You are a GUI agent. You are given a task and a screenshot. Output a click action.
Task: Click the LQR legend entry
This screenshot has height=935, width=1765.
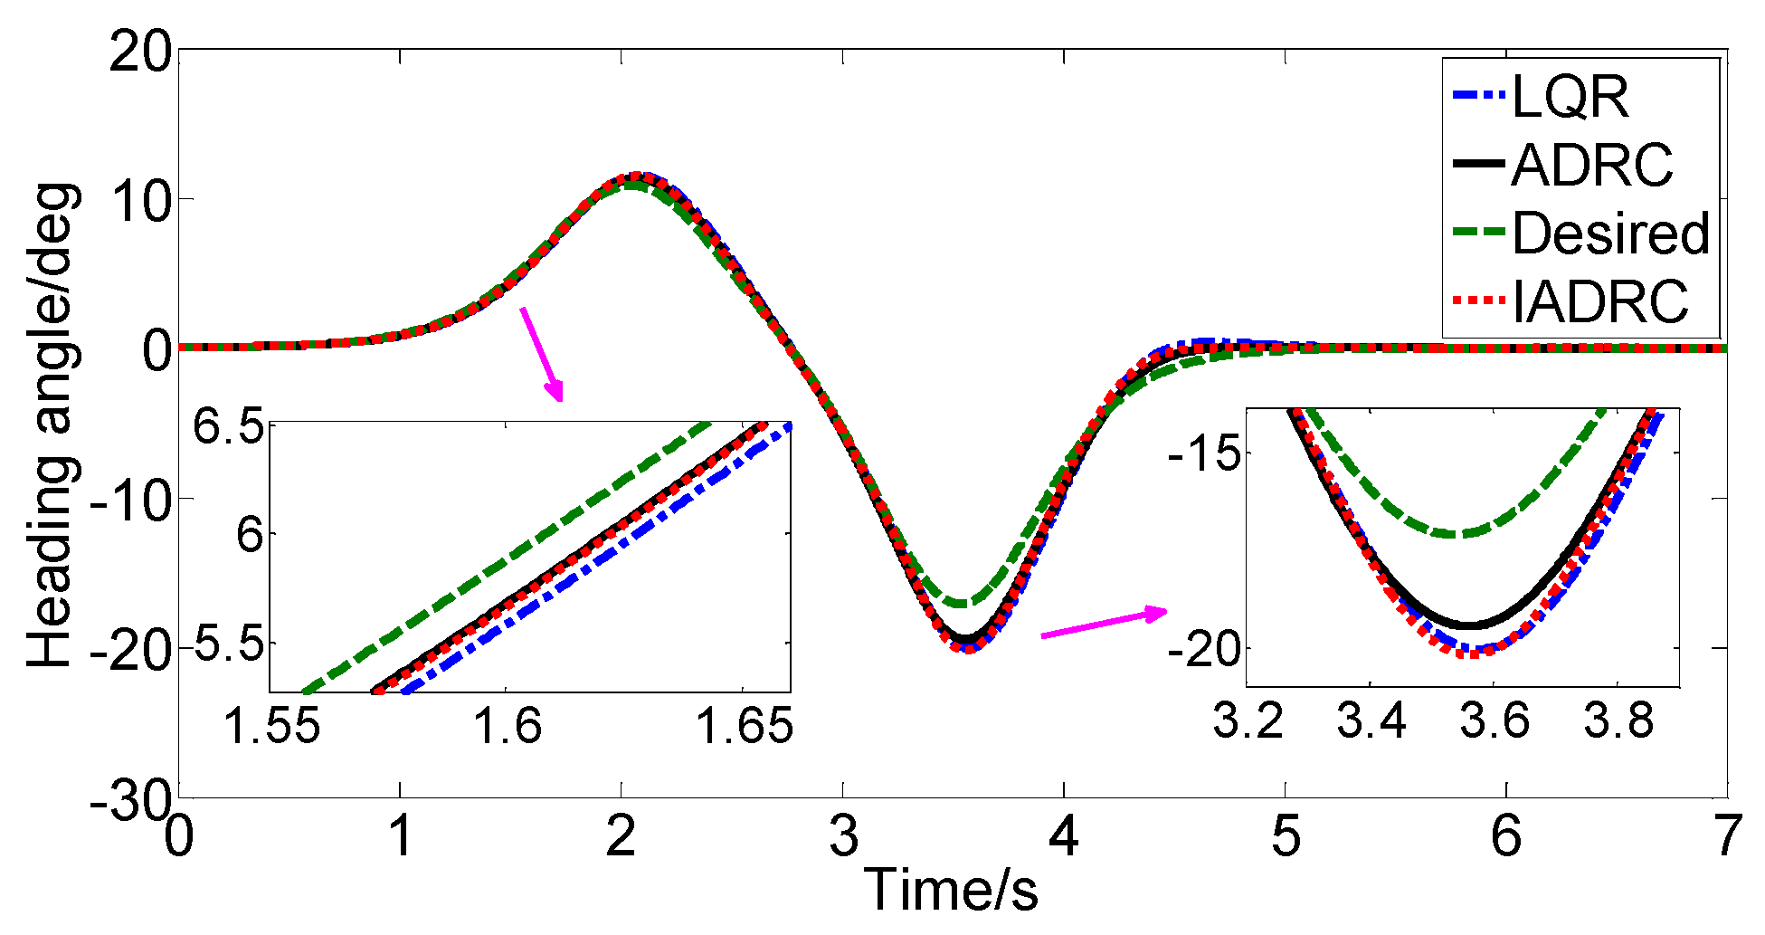click(x=1570, y=96)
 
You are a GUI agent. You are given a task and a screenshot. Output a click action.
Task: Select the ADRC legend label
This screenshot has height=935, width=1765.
click(x=1590, y=166)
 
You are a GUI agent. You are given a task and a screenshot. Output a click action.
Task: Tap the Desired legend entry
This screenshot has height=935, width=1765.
click(x=1610, y=234)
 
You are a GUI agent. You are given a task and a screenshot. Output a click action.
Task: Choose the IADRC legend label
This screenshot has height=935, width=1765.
click(x=1599, y=301)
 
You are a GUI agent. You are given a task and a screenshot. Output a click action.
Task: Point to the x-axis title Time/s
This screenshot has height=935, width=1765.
click(x=951, y=889)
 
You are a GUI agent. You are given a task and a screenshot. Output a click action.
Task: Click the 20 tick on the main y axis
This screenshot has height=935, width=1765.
click(x=140, y=52)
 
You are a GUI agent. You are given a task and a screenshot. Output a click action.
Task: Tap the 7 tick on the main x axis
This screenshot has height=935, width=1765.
click(x=1726, y=835)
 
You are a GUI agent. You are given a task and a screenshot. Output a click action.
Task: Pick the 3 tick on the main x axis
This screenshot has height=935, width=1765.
click(x=843, y=835)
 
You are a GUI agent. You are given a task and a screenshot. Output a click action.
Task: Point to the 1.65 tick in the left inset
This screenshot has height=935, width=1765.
click(x=744, y=727)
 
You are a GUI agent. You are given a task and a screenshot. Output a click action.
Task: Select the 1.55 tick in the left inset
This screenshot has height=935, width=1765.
click(x=271, y=727)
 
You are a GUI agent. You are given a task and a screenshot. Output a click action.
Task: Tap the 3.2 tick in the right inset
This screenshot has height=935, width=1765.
click(x=1248, y=721)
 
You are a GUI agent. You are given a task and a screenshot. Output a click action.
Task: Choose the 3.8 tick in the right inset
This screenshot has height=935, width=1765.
click(x=1618, y=721)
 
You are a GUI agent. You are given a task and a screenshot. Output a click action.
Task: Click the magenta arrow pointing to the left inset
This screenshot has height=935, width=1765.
click(x=542, y=354)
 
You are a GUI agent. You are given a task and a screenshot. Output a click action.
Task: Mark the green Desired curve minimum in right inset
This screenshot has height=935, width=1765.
click(x=1457, y=534)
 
